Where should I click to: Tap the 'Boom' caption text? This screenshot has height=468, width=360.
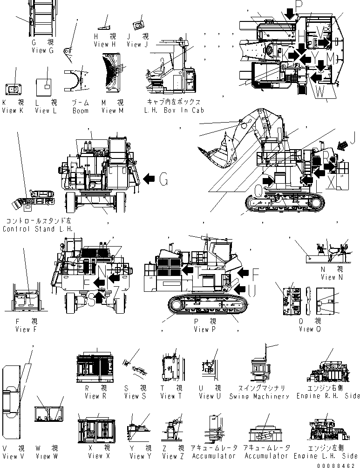click(80, 111)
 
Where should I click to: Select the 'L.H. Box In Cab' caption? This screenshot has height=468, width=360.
click(175, 111)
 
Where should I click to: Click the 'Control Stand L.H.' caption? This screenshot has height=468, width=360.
click(38, 229)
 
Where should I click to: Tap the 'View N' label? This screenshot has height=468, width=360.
click(328, 277)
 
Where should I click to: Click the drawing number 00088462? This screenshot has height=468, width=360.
click(340, 465)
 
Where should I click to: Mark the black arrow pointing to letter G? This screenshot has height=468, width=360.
click(149, 178)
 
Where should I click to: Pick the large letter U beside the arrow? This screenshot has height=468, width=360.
click(252, 291)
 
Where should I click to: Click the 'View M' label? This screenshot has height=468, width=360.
click(112, 111)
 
